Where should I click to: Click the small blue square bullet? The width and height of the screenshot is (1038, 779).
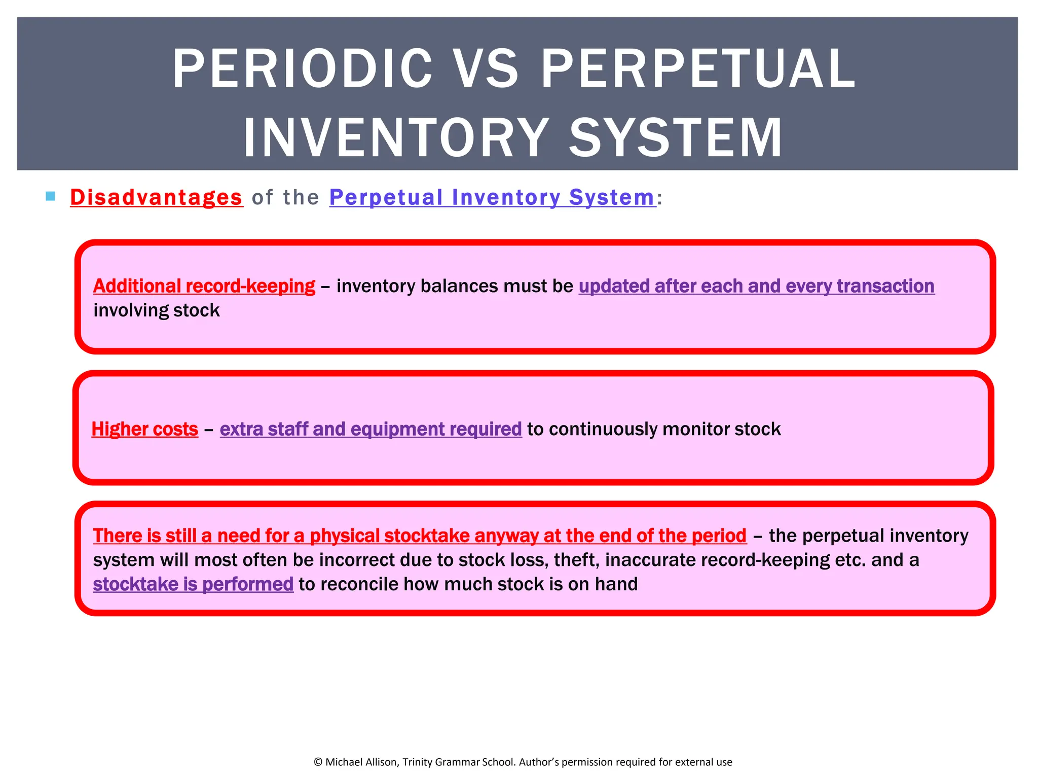click(50, 196)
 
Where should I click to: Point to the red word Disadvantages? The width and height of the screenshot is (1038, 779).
click(156, 197)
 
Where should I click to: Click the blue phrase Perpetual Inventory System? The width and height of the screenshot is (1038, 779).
click(492, 197)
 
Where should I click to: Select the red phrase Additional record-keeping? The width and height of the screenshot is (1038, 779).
click(204, 286)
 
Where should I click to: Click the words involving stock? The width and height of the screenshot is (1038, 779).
click(157, 310)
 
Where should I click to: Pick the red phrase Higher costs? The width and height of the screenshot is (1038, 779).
click(144, 429)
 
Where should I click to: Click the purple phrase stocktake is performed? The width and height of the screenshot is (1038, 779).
click(193, 584)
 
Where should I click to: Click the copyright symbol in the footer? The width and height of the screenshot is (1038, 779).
click(318, 762)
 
